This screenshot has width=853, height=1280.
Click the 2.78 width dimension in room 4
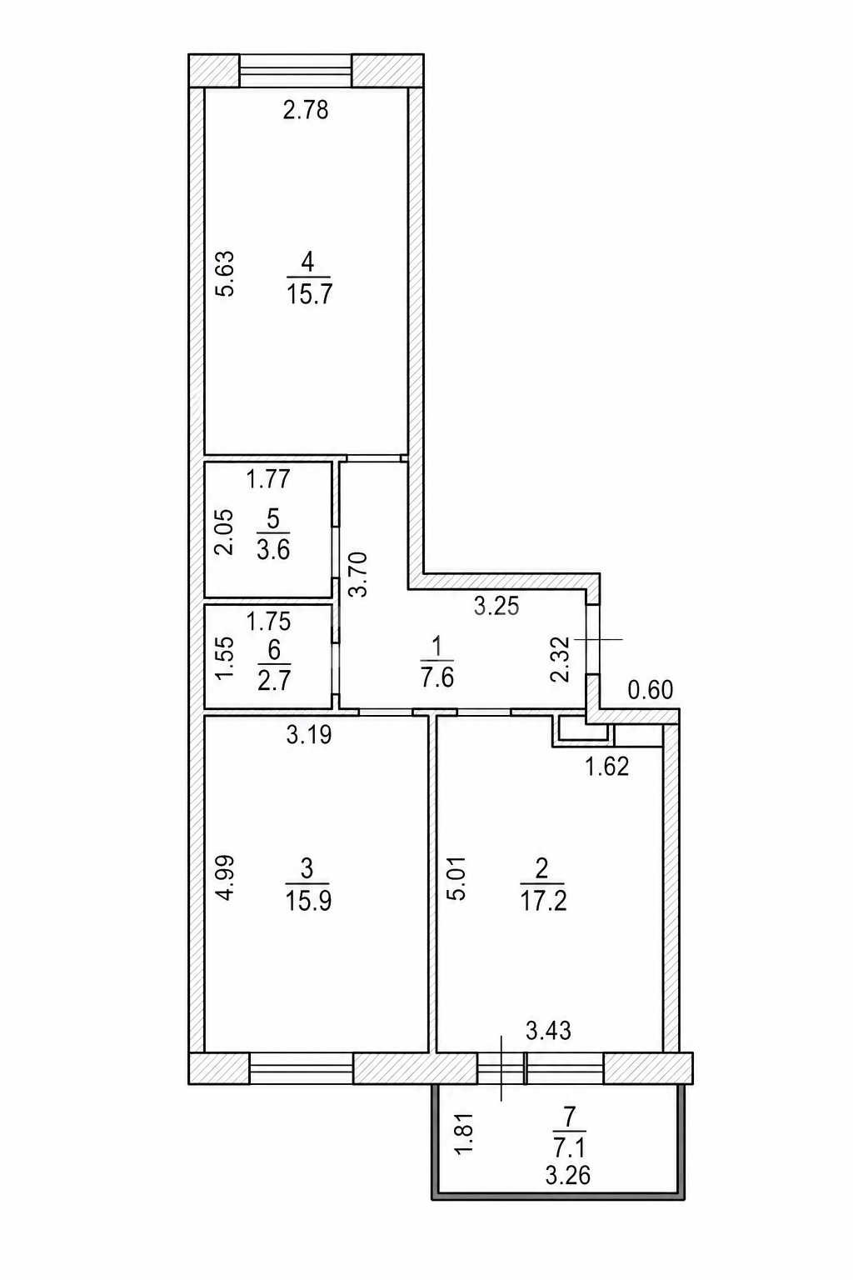pyautogui.click(x=306, y=110)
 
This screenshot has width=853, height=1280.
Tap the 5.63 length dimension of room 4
pyautogui.click(x=225, y=273)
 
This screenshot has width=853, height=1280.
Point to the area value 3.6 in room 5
pyautogui.click(x=274, y=552)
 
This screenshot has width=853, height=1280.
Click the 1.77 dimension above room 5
pyautogui.click(x=268, y=479)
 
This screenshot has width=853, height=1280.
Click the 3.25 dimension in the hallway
pyautogui.click(x=496, y=607)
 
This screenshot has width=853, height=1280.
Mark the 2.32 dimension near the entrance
pyautogui.click(x=560, y=659)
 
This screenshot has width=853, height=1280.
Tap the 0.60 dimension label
pyautogui.click(x=651, y=690)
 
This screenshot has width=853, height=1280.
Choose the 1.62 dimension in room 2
pyautogui.click(x=606, y=767)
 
